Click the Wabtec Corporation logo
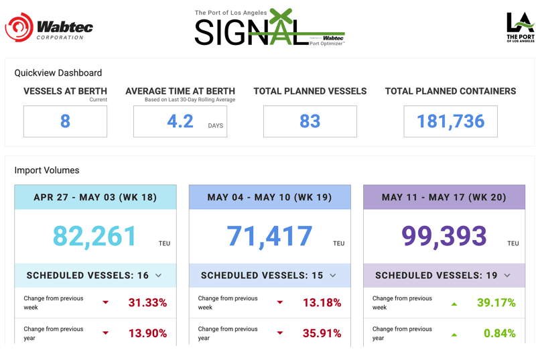49,27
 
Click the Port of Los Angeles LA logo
520,27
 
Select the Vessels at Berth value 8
65,121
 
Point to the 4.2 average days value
180,121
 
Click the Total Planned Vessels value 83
310,121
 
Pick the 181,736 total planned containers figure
450,121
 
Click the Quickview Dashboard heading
58,73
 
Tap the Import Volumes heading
47,171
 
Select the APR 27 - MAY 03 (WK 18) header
95,197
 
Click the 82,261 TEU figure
94,236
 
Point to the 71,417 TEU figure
269,236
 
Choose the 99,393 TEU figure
444,236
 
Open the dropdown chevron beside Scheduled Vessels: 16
158,276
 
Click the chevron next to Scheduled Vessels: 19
507,276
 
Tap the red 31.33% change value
147,303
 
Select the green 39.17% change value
496,303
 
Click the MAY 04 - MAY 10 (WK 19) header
269,197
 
